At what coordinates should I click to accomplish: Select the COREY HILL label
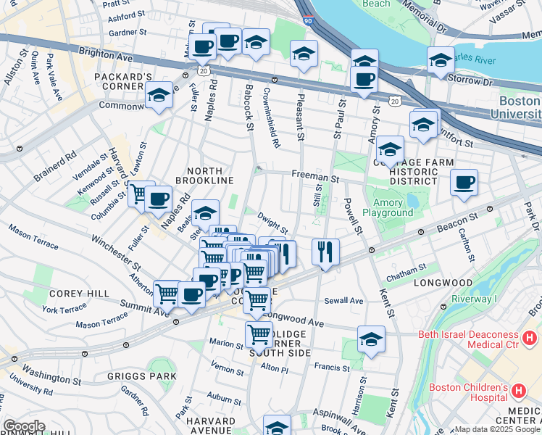(x=79, y=294)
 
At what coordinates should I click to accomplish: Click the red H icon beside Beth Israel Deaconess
(x=530, y=338)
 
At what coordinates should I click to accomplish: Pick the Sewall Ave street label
(x=343, y=300)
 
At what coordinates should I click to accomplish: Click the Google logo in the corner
(x=24, y=426)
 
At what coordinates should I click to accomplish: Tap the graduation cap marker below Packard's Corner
(x=159, y=94)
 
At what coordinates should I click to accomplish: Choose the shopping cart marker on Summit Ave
(x=167, y=293)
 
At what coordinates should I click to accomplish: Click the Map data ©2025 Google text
(x=496, y=429)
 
